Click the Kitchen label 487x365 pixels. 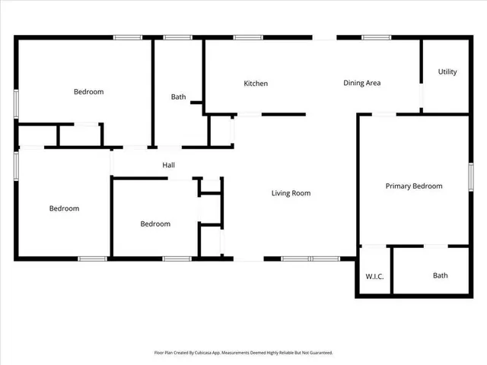256,84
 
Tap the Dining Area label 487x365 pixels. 361,83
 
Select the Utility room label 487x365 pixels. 447,72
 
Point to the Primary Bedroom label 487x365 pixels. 413,186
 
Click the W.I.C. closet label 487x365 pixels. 374,276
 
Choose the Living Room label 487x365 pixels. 291,193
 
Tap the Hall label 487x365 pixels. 169,165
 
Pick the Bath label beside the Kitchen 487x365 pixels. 178,97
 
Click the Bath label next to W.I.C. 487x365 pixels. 441,276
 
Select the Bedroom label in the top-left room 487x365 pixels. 88,92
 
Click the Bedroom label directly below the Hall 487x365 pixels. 155,224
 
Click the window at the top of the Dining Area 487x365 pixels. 376,36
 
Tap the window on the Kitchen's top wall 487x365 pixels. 248,36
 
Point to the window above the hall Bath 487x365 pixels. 178,36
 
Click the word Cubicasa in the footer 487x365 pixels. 202,353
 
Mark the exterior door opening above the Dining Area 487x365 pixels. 325,36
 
